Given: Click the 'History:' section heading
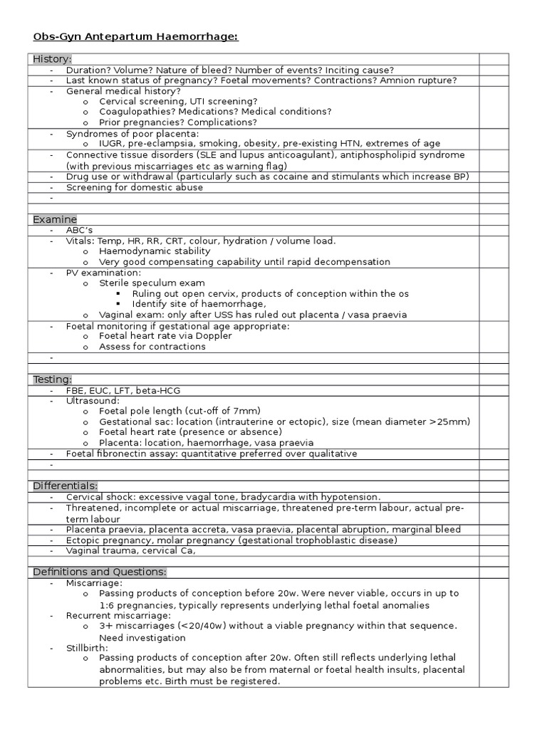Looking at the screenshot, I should (52, 59).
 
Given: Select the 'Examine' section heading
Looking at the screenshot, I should (54, 219).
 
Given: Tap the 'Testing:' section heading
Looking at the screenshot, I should (52, 379).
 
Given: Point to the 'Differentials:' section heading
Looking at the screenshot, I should (65, 486).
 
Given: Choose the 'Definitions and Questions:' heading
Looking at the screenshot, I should (100, 572).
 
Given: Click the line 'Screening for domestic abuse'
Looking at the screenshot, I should (134, 187).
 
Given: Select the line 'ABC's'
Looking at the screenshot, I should (79, 230).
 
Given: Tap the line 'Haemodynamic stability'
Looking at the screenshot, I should (155, 251).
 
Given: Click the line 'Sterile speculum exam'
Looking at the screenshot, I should (152, 283).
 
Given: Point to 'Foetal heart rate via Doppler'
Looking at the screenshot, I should (165, 336).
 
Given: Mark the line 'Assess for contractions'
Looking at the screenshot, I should (152, 347).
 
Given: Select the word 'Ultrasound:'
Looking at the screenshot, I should (93, 401).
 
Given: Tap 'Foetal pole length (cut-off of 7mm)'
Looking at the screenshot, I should (179, 411).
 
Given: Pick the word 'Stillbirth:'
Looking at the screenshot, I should (87, 648).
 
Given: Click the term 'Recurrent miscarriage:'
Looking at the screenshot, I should (118, 614).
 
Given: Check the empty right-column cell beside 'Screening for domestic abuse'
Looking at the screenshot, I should (494, 187).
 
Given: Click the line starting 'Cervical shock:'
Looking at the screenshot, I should (223, 496).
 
